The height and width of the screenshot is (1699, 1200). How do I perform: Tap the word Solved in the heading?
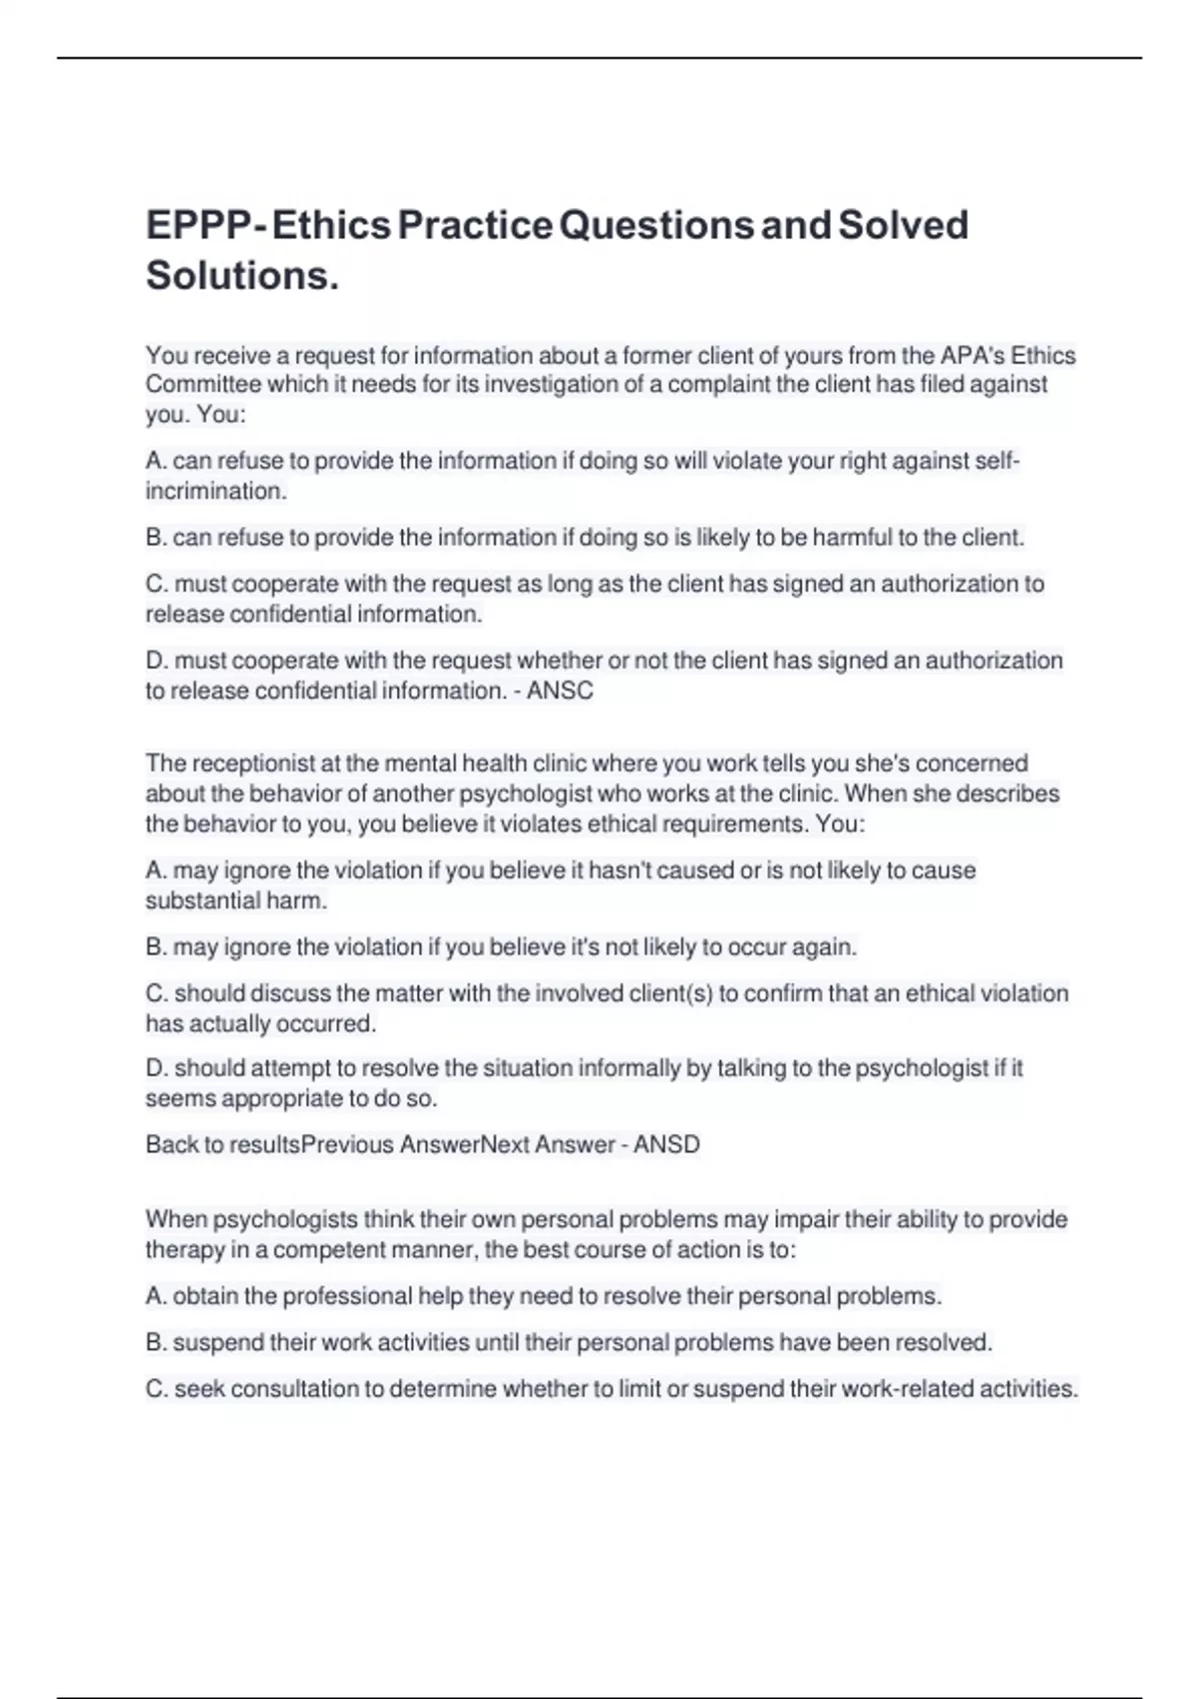click(x=903, y=226)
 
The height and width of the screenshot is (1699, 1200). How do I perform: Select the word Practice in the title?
click(x=475, y=226)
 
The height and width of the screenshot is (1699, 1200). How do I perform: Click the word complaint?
click(x=718, y=385)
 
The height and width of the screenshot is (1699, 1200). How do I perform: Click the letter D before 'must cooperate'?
click(x=155, y=662)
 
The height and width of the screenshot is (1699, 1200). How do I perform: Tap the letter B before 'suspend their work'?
click(x=155, y=1343)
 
